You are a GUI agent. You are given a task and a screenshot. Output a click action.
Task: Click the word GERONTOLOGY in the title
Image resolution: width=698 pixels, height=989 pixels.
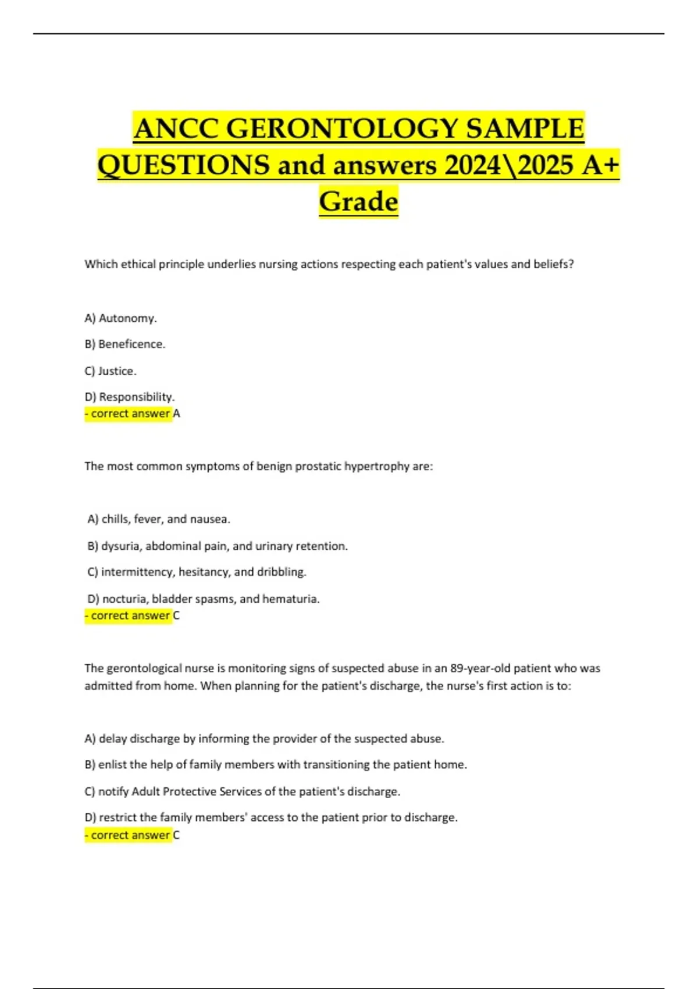coord(342,129)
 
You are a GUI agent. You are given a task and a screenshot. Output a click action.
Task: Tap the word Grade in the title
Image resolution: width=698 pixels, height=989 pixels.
coord(358,202)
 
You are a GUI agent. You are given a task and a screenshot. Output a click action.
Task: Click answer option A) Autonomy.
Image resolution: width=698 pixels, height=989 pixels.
coord(120,318)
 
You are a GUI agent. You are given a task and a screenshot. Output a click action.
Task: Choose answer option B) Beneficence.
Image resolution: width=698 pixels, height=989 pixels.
coord(124,344)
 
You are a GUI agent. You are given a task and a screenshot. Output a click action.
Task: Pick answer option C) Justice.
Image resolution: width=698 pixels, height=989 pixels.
coord(111,371)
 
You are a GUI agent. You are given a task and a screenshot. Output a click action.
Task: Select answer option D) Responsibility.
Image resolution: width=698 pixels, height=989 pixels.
coord(129,397)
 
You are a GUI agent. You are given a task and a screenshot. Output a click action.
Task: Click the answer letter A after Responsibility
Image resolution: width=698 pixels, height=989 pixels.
coord(177,414)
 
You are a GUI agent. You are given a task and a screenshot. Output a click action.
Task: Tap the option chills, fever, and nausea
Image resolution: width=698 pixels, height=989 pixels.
coord(159,519)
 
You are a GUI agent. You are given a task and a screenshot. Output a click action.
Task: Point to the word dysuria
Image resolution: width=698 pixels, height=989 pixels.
coord(120,546)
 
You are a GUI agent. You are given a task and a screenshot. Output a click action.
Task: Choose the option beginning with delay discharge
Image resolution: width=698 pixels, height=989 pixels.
coord(264,739)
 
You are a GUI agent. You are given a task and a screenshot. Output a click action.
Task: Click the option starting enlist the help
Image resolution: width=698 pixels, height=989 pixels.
coord(276,765)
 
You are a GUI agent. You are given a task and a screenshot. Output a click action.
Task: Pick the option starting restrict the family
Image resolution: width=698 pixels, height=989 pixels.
coord(271,817)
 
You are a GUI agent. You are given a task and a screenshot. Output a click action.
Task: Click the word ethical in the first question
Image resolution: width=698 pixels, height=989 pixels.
coord(138,264)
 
